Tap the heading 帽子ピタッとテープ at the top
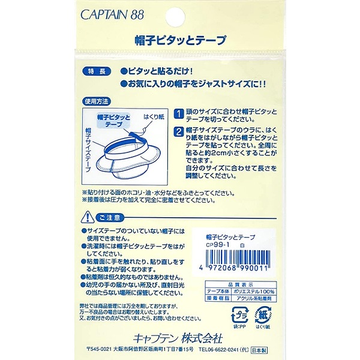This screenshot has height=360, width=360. coord(180,41)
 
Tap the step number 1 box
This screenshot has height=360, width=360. coord(179,113)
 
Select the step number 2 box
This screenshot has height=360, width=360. coord(179,132)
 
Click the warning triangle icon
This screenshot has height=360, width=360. coord(84,216)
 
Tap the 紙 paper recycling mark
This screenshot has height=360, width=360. coord(264,316)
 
